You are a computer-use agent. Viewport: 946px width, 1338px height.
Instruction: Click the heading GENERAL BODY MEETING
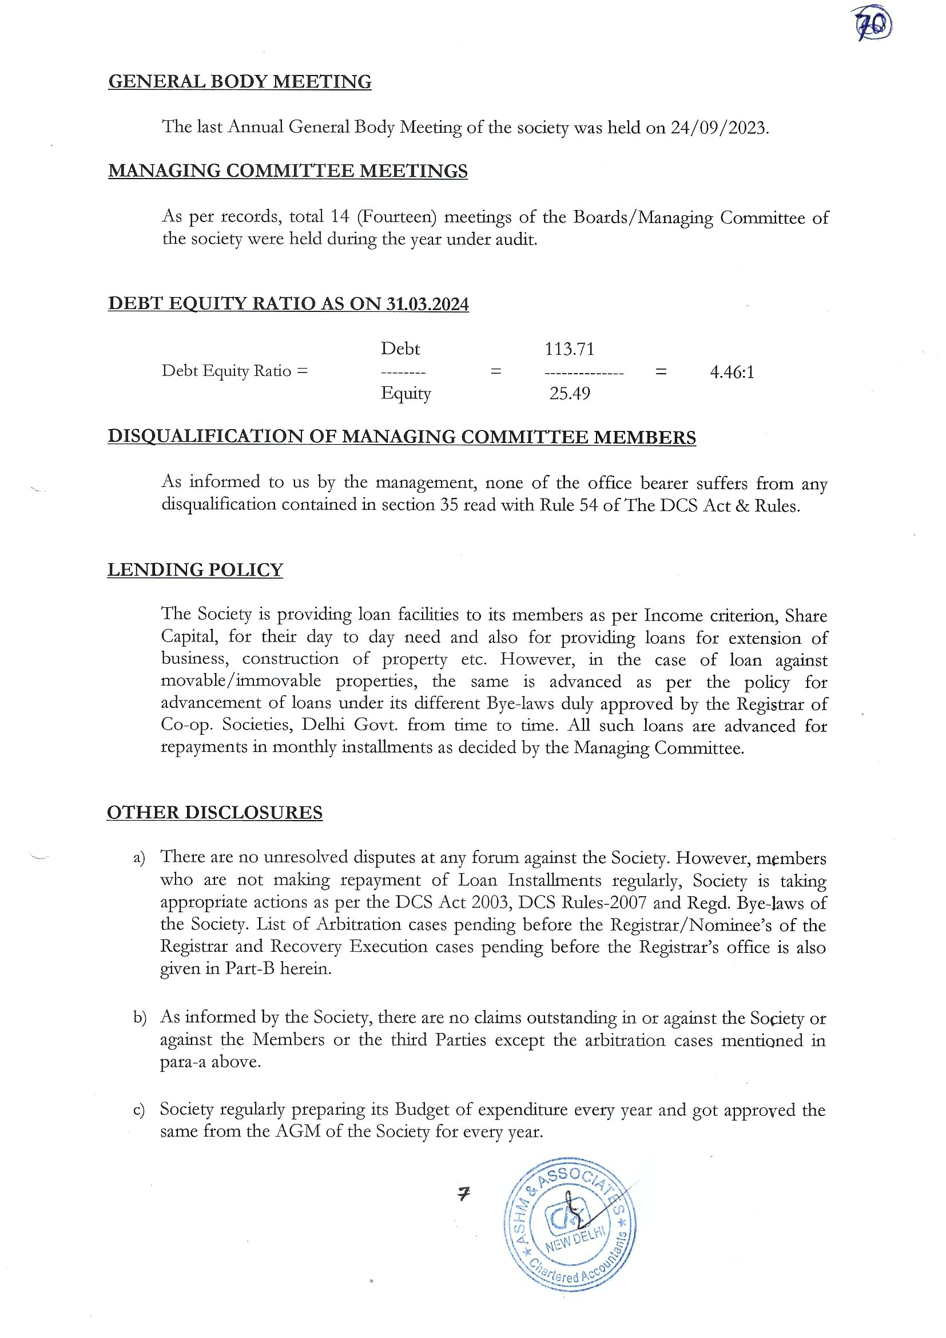pos(240,82)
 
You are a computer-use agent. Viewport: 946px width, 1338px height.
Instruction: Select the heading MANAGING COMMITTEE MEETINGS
pos(288,171)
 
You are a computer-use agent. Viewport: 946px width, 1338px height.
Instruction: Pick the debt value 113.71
pos(569,349)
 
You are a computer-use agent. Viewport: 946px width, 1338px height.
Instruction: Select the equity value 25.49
pos(569,393)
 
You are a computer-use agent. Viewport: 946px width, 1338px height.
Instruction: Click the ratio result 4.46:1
pos(732,372)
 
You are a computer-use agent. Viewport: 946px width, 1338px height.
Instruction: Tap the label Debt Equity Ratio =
pos(234,371)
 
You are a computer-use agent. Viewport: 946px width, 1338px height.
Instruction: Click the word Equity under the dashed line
pos(406,393)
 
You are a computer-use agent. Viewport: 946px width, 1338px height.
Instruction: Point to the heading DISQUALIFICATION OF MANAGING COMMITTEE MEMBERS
pos(402,437)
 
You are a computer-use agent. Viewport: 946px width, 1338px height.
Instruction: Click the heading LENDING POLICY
pos(195,569)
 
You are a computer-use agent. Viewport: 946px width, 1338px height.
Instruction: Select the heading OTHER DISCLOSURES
pos(214,813)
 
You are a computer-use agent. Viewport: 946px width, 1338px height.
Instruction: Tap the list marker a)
pos(138,858)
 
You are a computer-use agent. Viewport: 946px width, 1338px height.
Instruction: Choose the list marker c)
pos(138,1110)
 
